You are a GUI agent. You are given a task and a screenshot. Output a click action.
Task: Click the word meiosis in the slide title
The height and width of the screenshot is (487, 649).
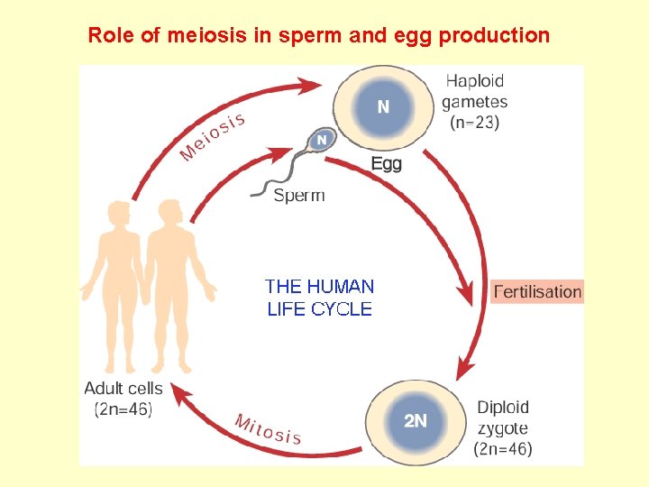(x=188, y=36)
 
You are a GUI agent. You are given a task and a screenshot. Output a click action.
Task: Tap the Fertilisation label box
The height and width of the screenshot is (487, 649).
(x=537, y=291)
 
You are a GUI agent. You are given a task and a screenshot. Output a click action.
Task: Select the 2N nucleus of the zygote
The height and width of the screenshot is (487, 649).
(x=415, y=420)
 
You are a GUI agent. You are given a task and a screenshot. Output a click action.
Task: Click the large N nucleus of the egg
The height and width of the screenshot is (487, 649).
(x=383, y=106)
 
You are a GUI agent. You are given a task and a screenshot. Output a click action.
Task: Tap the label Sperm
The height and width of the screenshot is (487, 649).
(x=298, y=195)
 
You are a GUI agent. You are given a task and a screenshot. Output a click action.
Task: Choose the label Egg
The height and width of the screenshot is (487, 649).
(x=387, y=164)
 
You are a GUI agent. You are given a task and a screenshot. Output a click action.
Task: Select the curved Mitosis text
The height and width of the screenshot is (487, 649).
(x=268, y=429)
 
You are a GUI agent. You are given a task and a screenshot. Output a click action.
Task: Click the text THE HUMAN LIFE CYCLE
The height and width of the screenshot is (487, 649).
(x=320, y=298)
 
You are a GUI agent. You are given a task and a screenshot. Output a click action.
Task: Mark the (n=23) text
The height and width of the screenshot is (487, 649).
(x=475, y=124)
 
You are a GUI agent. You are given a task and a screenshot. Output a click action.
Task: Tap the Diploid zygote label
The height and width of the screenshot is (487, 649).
(x=503, y=418)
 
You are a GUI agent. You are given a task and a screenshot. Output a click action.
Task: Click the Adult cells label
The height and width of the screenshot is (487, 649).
(x=123, y=389)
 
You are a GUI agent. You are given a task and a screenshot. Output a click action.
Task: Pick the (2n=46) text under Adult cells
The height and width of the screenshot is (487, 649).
(x=123, y=409)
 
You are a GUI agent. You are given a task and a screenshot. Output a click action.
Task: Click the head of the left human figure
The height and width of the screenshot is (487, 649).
(x=117, y=217)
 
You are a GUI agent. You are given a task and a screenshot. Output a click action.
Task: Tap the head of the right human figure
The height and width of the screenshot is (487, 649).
(x=168, y=213)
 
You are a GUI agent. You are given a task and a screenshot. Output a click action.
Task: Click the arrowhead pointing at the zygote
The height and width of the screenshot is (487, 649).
(x=465, y=367)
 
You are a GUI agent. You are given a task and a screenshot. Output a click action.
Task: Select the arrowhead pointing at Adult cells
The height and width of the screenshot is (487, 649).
(x=181, y=394)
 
